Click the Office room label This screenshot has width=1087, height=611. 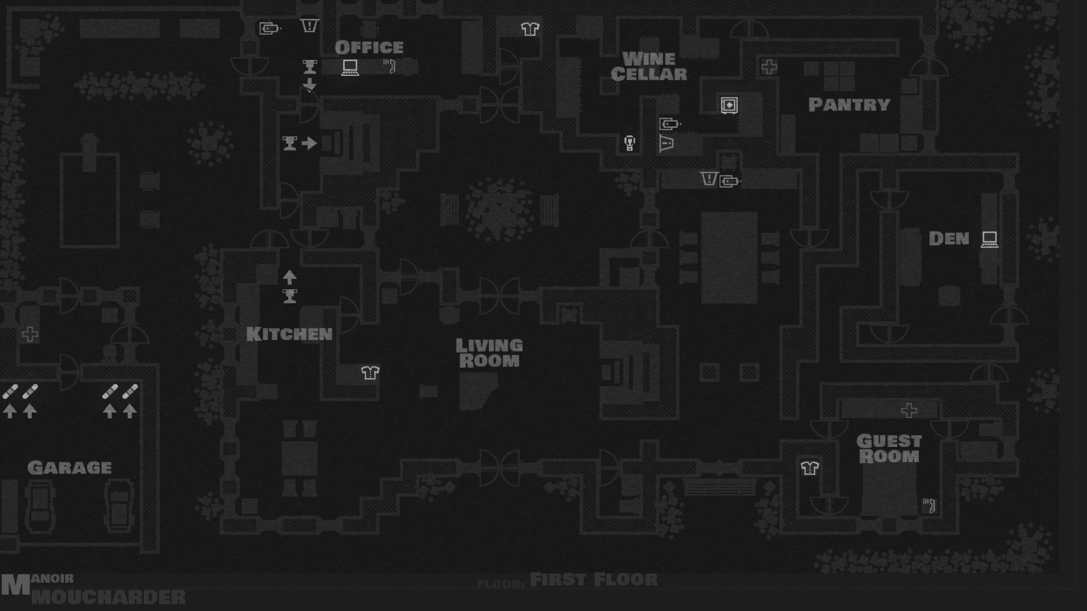(369, 48)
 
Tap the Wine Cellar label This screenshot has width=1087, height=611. (649, 67)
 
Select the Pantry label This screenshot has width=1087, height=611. (849, 105)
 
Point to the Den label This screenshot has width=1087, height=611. (949, 239)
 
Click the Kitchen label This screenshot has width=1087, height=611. (289, 334)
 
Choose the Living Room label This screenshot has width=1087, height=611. (489, 353)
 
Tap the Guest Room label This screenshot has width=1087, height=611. (889, 449)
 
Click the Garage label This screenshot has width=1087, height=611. (70, 468)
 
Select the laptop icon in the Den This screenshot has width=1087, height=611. (989, 239)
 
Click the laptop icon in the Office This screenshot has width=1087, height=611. (350, 67)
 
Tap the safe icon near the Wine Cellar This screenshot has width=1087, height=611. (729, 105)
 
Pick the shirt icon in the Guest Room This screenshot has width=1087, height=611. (810, 468)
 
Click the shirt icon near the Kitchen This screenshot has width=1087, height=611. (370, 372)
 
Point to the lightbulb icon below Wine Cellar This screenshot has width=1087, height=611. (629, 143)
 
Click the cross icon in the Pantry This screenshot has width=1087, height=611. (769, 67)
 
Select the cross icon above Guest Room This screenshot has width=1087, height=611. (909, 410)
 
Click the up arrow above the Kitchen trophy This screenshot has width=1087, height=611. (289, 277)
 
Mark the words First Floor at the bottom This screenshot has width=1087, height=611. (593, 580)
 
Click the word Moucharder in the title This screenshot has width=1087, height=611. (108, 597)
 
